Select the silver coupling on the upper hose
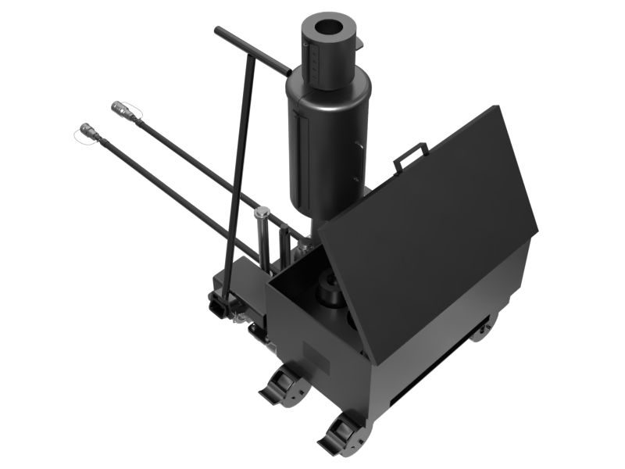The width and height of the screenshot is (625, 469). pos(124,110)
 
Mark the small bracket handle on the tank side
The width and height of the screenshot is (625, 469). pos(357,149)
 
